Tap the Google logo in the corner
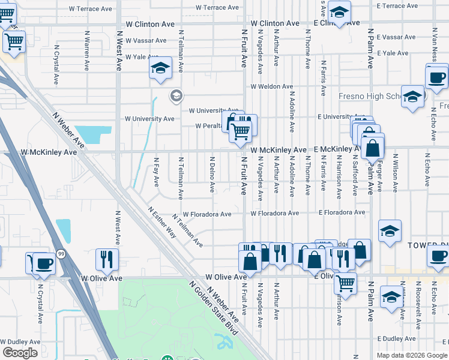(19, 353)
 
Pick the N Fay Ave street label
(156, 172)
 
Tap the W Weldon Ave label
(271, 86)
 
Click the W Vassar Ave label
(146, 40)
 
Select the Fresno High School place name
(369, 96)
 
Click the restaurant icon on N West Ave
(107, 259)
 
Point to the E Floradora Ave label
(342, 212)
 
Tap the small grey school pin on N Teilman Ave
(176, 95)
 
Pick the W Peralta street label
(209, 126)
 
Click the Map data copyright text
(411, 355)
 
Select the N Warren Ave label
(87, 49)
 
